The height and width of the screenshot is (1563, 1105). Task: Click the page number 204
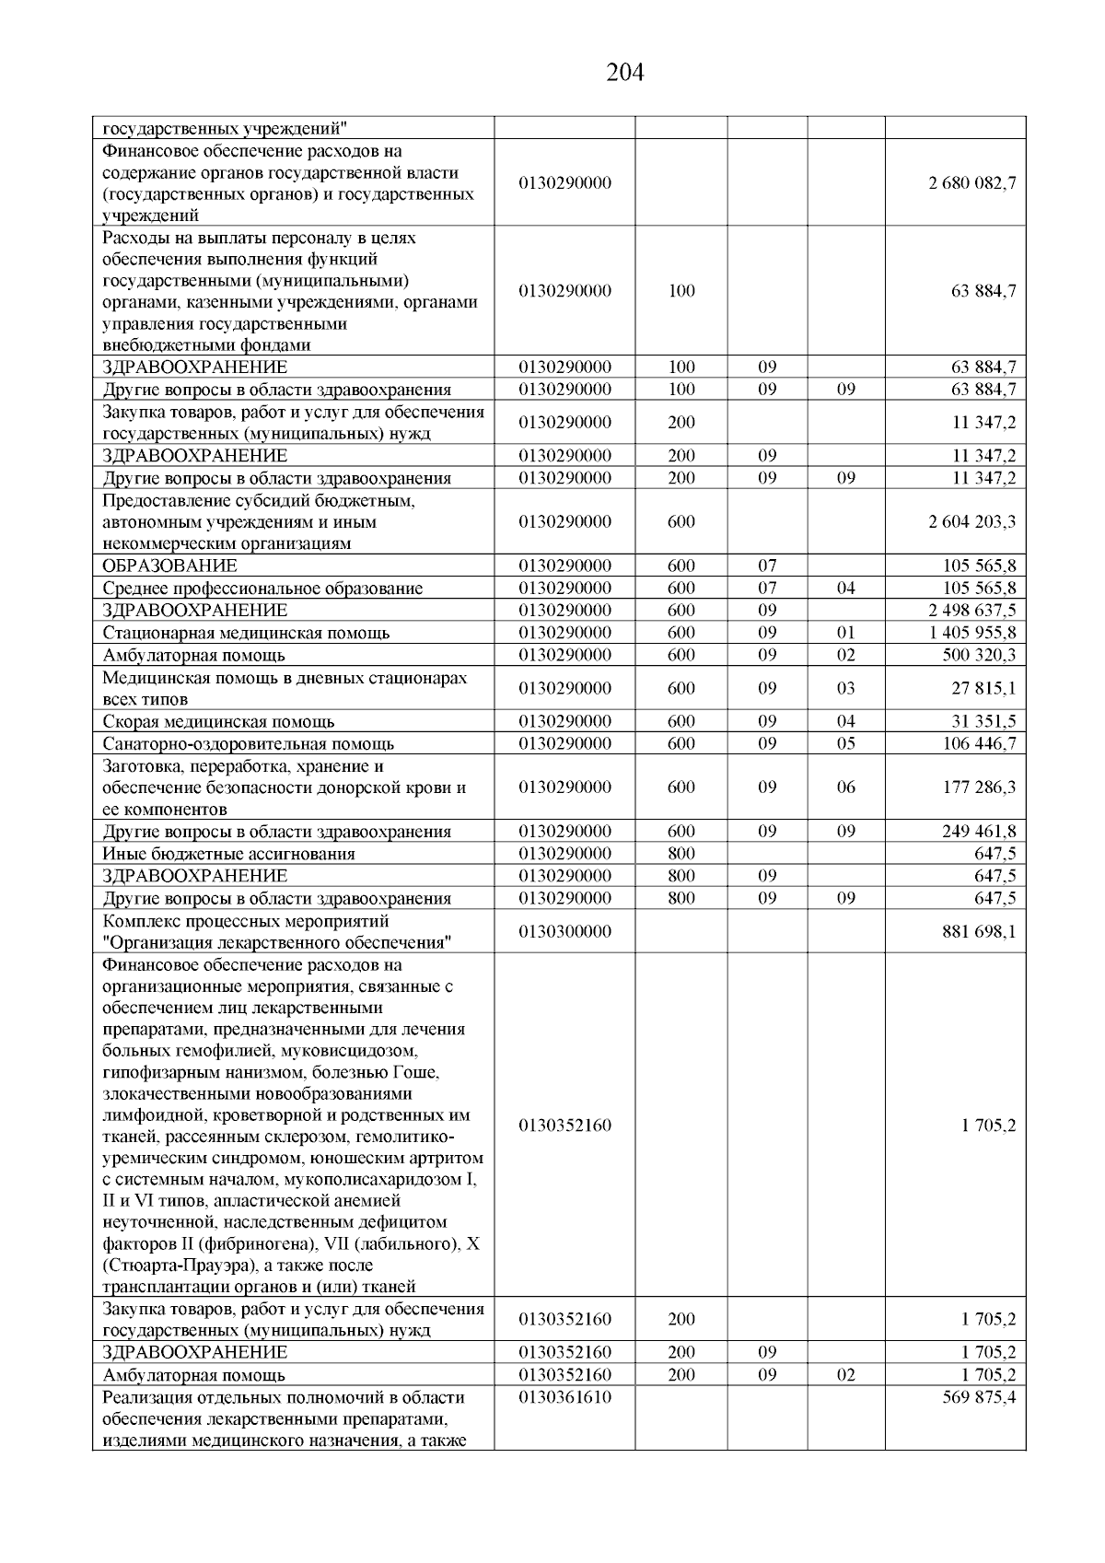point(625,72)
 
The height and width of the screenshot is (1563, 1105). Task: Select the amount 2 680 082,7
point(972,183)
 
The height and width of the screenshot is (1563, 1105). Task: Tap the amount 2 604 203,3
point(972,522)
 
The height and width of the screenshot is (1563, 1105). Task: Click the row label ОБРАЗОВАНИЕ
point(169,566)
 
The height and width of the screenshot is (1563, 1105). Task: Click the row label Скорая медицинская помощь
point(218,721)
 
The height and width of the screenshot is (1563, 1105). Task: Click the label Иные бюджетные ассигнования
point(228,854)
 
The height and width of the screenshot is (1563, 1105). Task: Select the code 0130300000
point(564,931)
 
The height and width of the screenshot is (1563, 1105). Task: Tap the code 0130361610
point(564,1397)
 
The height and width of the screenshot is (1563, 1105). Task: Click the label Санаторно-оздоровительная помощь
point(249,743)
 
